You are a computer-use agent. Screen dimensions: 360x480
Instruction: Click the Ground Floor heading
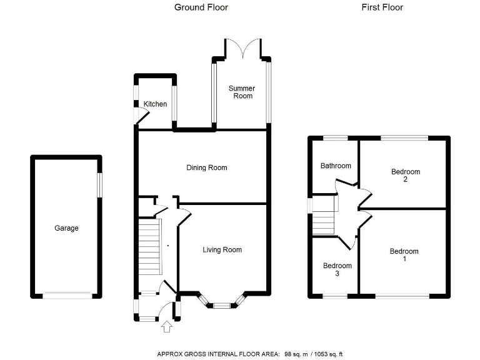pos(201,7)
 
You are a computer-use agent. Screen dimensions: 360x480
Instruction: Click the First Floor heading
pos(382,7)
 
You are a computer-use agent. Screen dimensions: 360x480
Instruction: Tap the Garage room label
pos(66,228)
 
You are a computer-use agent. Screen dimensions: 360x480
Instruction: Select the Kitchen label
pos(155,104)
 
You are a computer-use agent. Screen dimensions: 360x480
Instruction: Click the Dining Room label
pos(206,167)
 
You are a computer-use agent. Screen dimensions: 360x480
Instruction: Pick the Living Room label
pos(222,249)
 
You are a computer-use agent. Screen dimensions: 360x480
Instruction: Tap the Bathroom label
pos(336,166)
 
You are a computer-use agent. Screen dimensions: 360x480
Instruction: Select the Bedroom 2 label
pos(405,175)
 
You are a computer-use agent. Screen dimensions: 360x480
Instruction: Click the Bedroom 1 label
pos(404,255)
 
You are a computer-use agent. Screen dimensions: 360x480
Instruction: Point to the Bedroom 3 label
pos(337,269)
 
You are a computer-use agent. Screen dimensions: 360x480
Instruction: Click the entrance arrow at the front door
pos(166,326)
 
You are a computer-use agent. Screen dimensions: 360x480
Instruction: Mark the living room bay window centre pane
pos(221,306)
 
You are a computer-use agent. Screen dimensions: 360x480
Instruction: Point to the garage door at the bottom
pos(67,295)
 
